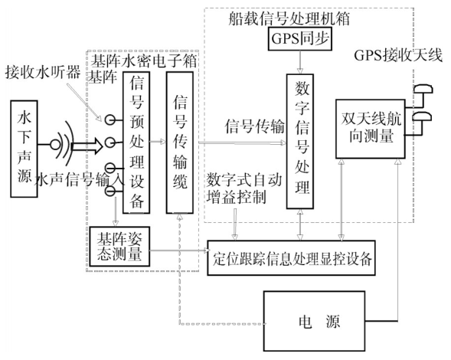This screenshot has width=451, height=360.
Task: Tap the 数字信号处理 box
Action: pos(300,141)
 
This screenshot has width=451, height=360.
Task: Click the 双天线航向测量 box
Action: pos(371,129)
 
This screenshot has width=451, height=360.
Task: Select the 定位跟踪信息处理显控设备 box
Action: pos(292,257)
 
